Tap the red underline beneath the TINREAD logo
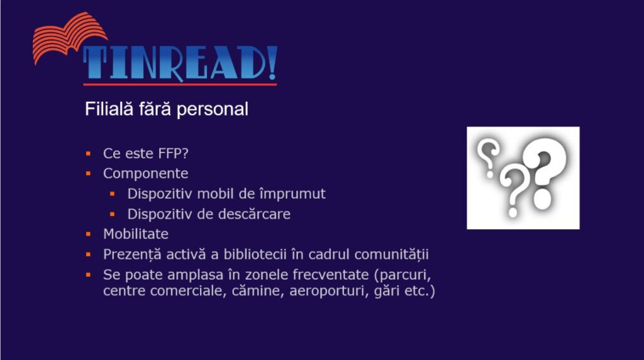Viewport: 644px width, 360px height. point(180,84)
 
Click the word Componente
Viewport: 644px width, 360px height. point(146,174)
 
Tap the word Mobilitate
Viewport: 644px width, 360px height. point(136,234)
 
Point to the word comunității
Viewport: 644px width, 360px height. point(391,255)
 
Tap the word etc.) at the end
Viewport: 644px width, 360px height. point(419,291)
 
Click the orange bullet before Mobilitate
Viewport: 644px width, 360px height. point(88,234)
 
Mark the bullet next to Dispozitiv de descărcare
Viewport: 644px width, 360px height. point(113,214)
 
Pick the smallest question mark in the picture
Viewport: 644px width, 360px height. point(487,158)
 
